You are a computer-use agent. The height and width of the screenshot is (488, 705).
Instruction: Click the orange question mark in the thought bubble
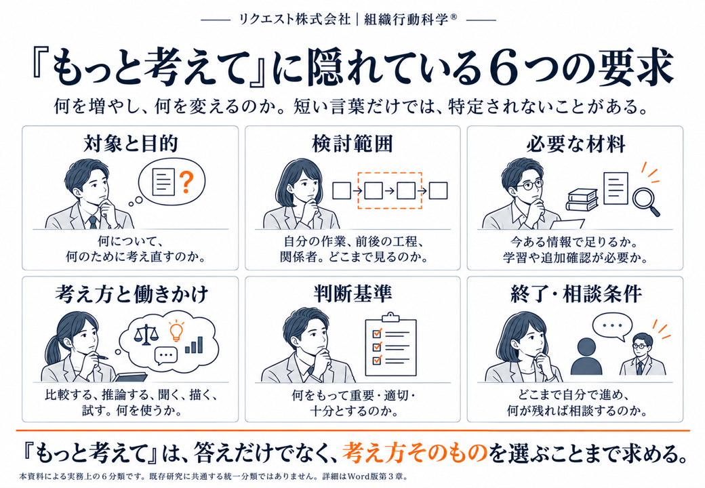pos(186,182)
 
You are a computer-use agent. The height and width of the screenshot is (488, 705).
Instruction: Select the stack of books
pos(582,199)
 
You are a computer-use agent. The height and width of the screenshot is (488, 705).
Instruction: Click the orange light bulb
pos(176,331)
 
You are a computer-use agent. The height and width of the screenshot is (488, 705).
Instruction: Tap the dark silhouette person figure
pos(586,357)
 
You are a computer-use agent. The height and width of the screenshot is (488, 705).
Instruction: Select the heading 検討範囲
pos(352,144)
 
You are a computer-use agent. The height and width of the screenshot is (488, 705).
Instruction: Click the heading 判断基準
pos(352,293)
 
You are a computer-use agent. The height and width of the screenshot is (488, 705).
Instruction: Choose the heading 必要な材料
pos(576,144)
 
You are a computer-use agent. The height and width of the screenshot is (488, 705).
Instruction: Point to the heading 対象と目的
pos(131,144)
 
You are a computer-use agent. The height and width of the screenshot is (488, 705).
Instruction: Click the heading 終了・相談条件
pos(576,293)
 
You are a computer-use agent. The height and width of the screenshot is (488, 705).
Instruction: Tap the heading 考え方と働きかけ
pos(132,294)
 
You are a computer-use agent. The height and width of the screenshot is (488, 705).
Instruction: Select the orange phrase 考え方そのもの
pos(415,453)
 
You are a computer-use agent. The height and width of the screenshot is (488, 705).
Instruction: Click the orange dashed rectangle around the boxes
pos(390,190)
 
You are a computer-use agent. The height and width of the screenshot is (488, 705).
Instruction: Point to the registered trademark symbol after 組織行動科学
pos(454,17)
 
